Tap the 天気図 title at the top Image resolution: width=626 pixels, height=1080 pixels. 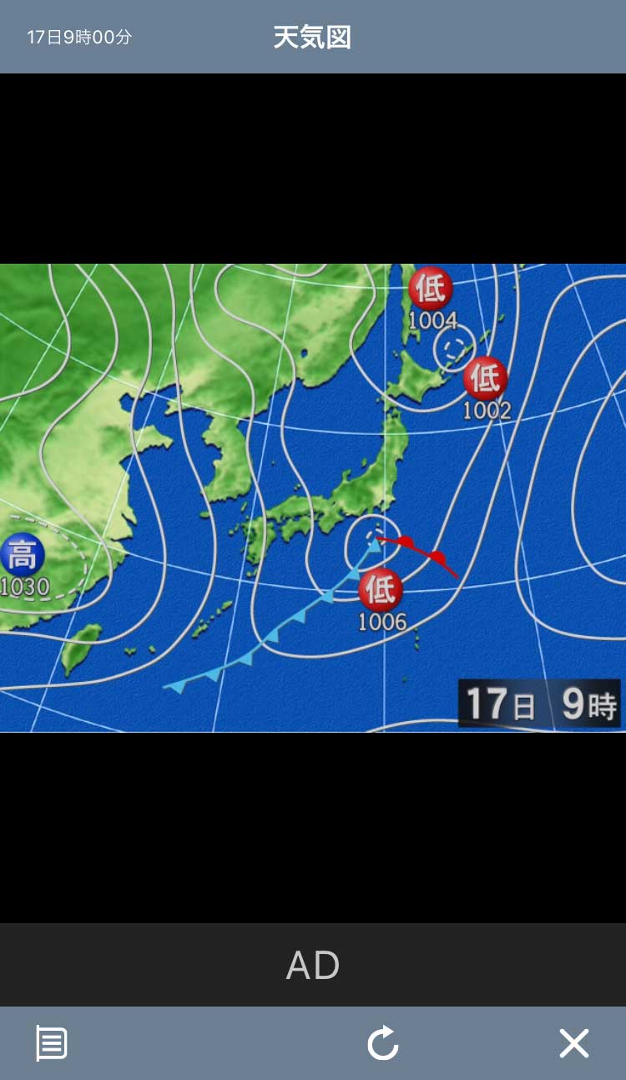312,38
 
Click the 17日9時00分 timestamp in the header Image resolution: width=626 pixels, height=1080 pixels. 79,38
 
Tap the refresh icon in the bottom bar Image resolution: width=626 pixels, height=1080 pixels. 383,1043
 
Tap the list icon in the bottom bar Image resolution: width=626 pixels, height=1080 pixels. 51,1043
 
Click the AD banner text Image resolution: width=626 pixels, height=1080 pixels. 313,966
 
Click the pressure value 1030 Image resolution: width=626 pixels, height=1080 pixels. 25,587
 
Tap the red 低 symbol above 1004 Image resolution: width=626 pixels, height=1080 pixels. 431,288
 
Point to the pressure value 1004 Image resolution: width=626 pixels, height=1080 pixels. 433,320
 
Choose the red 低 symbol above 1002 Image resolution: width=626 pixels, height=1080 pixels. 486,378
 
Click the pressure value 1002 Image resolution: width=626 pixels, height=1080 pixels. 487,410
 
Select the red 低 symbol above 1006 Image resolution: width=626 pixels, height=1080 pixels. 381,590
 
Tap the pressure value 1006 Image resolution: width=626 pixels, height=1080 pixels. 382,622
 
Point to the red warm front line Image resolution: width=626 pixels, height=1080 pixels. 422,553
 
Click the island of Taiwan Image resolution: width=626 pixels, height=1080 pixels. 81,648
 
